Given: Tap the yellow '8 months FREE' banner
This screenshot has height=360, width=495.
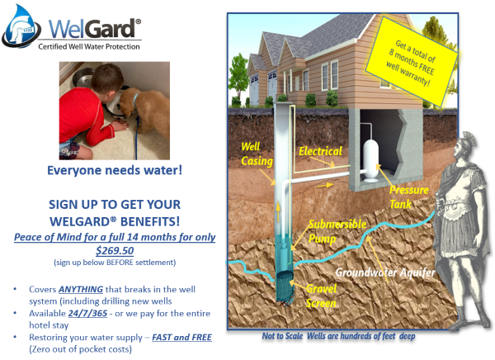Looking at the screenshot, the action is pos(412,62).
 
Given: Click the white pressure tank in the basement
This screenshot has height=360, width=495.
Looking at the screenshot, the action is pos(370,161).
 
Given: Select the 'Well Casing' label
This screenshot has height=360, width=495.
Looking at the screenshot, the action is pos(257,154).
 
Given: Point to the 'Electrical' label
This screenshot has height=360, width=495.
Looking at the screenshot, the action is pos(320,151).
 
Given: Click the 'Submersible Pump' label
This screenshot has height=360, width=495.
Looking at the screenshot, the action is pos(337,231).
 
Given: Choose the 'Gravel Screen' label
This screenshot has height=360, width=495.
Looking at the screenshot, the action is pos(321,296).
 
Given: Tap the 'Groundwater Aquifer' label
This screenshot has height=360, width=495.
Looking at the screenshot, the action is pos(385,272).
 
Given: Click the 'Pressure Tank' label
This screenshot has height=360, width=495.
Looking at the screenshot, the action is pos(409,197).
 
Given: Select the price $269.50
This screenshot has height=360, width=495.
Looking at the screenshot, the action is pos(115,251).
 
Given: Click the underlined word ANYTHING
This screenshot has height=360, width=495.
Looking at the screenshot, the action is pos(81,289).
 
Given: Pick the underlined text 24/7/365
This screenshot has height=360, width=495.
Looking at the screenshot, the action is pos(87,313).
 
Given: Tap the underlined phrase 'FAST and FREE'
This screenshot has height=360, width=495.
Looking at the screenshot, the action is pos(181,337).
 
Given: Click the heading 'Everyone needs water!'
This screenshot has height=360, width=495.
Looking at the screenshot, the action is pos(115,170).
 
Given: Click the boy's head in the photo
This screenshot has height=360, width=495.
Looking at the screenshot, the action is pos(107,78).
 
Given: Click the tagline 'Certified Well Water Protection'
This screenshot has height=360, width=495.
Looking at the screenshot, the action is pos(89,47).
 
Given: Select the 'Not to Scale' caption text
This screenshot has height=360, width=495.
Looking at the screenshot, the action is pos(282,336).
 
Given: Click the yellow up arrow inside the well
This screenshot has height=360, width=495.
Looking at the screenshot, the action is pos(278,211).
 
